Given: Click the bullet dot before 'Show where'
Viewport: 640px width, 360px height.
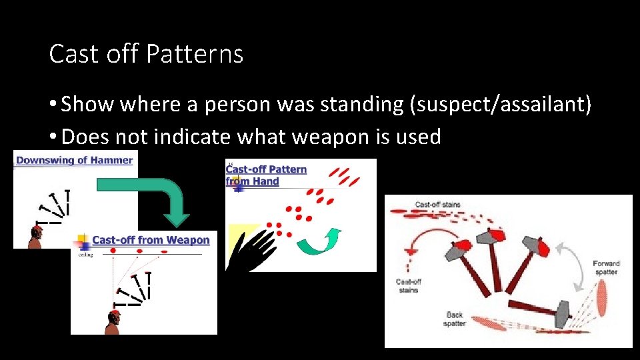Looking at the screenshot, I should (53, 105).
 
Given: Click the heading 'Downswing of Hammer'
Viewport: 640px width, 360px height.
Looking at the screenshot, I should (74, 160).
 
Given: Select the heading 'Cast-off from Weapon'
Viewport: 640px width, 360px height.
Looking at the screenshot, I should (150, 240).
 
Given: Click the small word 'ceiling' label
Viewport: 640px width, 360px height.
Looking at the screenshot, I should (85, 254).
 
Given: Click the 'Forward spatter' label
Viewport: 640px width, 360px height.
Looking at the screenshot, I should (605, 267).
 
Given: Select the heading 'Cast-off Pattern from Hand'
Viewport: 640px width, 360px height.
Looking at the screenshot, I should (267, 175).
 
